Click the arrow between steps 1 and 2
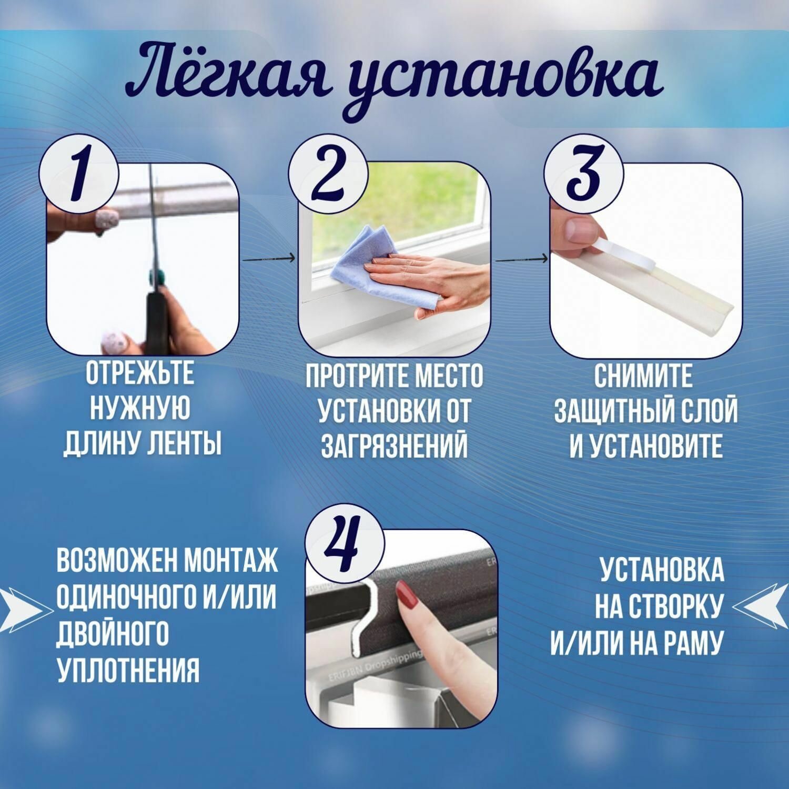pyautogui.click(x=268, y=258)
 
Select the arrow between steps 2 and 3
pyautogui.click(x=521, y=258)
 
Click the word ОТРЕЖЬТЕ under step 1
pyautogui.click(x=140, y=373)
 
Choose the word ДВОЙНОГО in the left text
pyautogui.click(x=112, y=633)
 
